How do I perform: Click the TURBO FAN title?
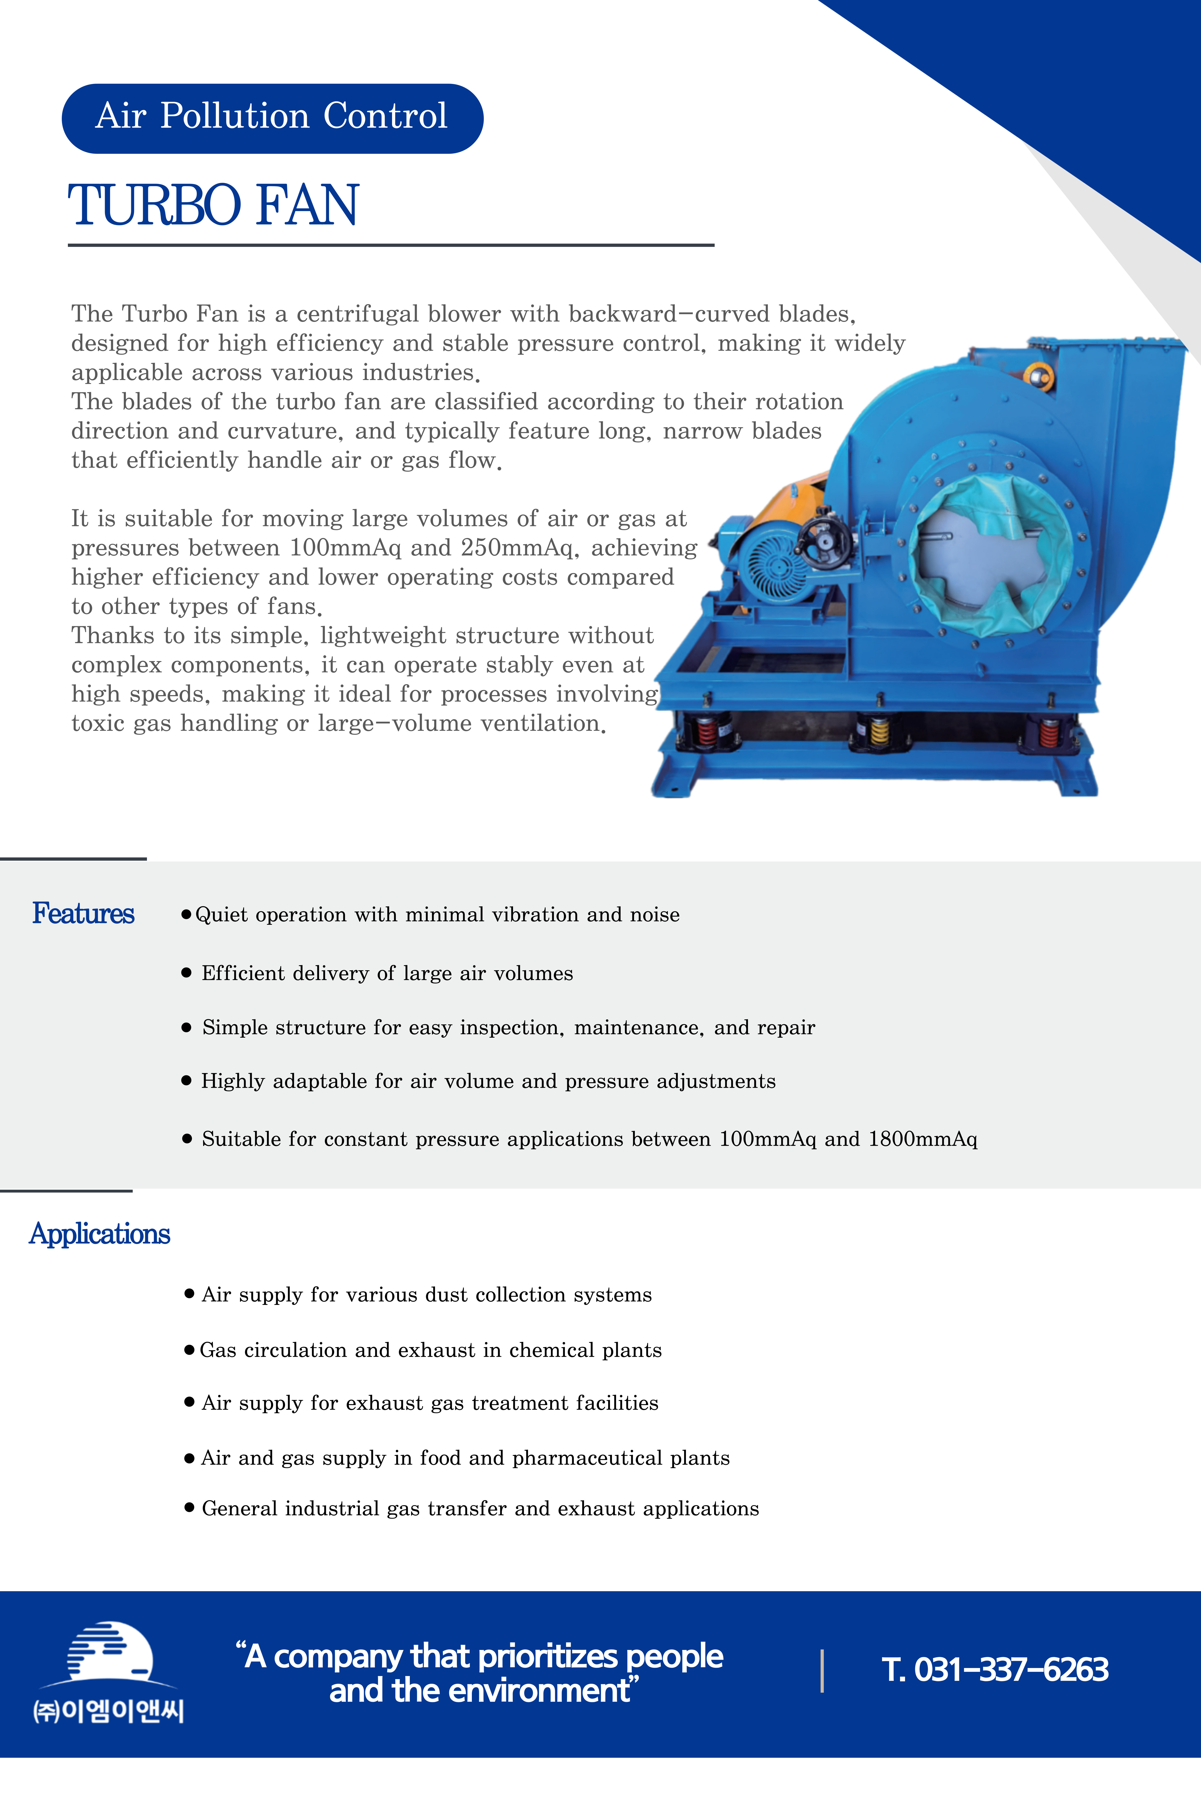(x=213, y=205)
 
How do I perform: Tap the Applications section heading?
(x=100, y=1234)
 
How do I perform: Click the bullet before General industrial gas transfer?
(x=189, y=1508)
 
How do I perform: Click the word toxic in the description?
(x=97, y=724)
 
